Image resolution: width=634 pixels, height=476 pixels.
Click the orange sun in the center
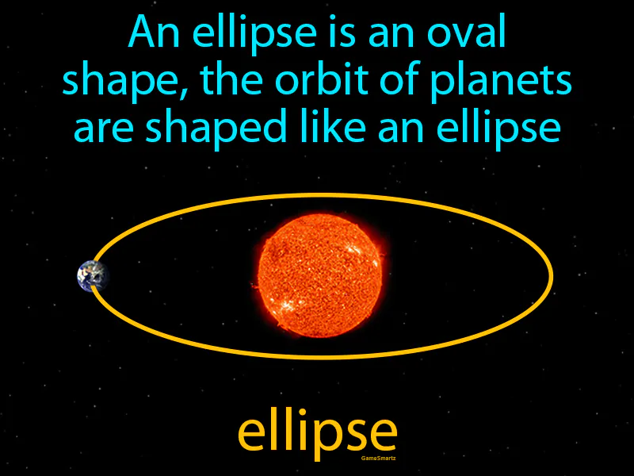pos(319,274)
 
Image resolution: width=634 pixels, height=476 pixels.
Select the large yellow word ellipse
pos(317,432)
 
